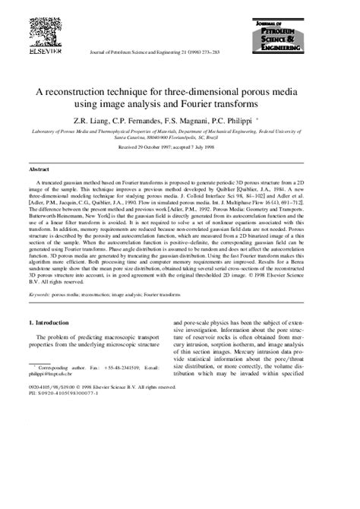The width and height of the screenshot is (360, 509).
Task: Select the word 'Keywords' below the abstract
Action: [x=41, y=314]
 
